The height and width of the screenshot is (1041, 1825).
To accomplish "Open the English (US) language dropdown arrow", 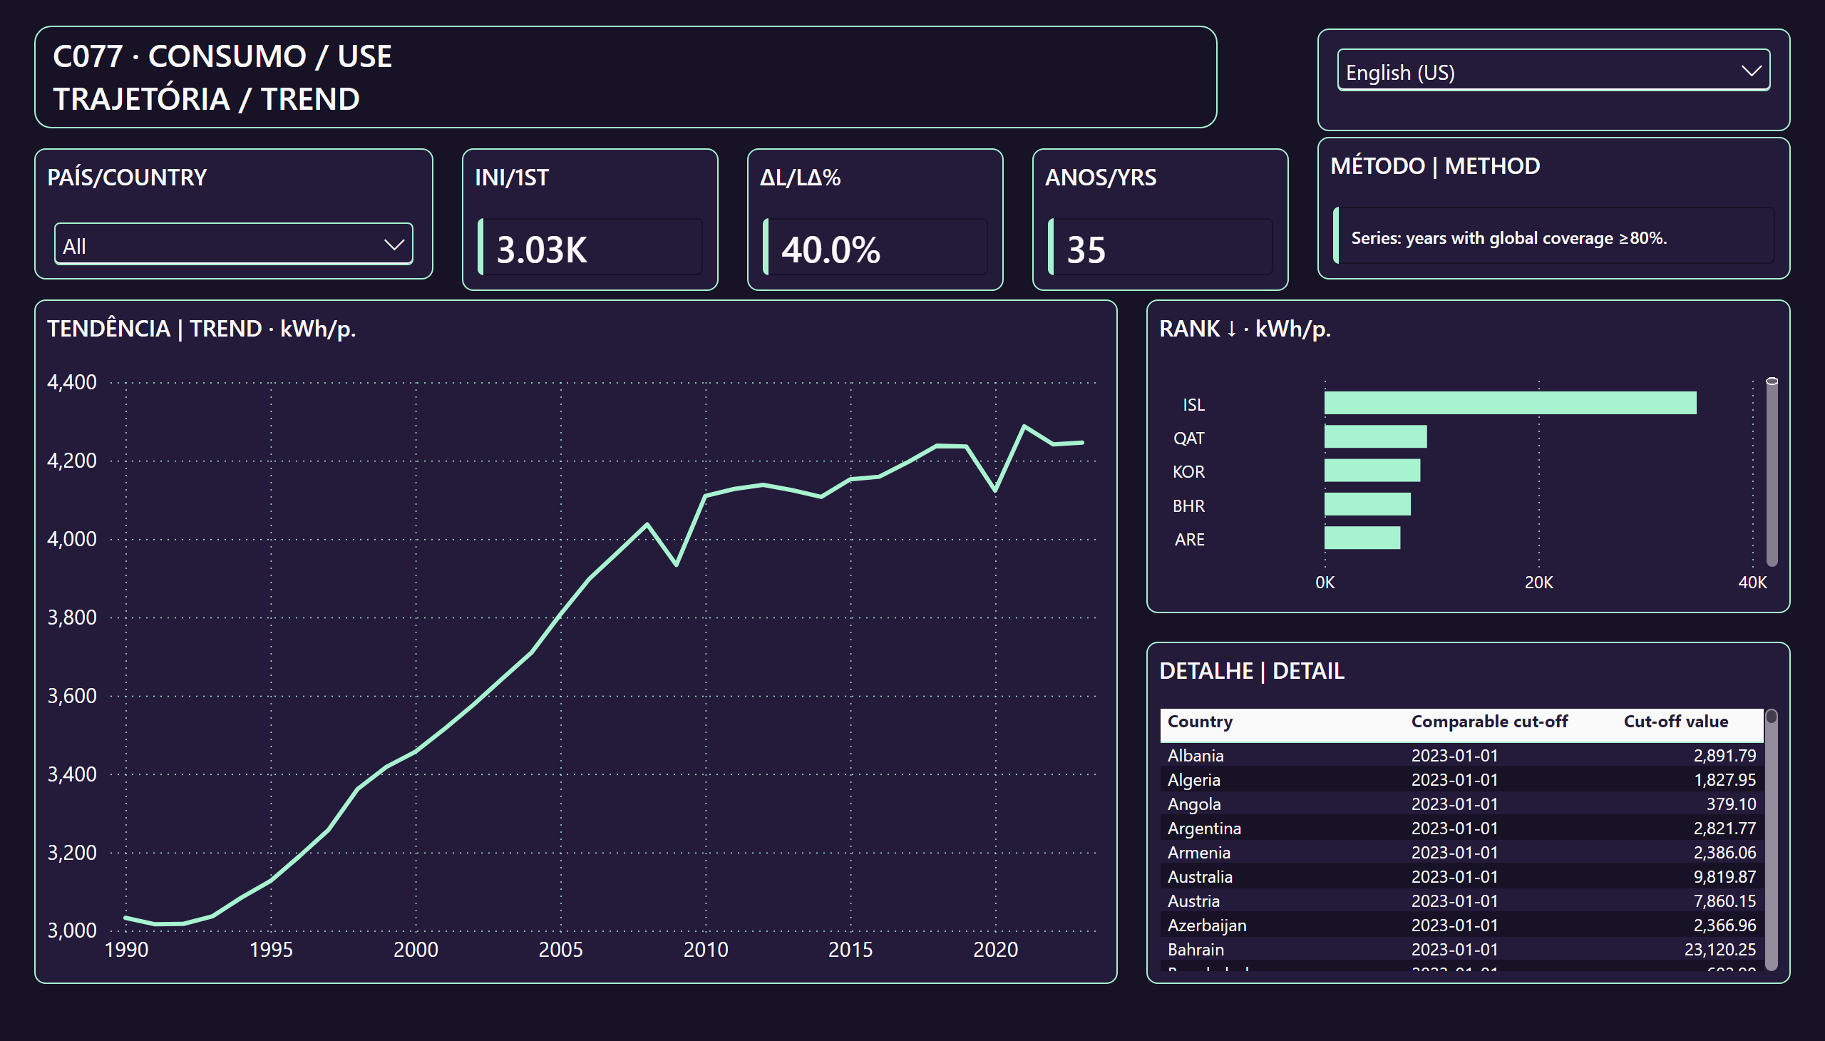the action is (1751, 71).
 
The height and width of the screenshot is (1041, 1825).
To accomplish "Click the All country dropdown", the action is (233, 245).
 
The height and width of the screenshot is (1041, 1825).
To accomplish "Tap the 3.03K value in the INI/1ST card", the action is (541, 250).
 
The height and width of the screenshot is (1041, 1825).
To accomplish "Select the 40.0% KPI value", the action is (830, 250).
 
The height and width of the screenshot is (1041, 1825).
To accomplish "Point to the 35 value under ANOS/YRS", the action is (1086, 250).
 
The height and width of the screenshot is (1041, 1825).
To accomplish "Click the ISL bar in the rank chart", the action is (1510, 403).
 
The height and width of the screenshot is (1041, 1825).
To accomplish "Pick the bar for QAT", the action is (1375, 436).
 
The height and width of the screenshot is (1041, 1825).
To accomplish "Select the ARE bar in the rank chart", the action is (1362, 538).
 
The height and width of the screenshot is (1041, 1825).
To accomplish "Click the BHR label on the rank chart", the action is (1188, 506).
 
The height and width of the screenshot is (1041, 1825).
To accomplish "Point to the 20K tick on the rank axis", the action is (1538, 582).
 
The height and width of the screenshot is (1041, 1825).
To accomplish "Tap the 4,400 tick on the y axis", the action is (71, 381).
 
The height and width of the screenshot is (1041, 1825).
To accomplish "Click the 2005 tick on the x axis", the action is (560, 950).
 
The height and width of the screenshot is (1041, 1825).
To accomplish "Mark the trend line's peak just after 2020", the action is (1024, 426).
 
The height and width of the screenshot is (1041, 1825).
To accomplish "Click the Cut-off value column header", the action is (1675, 722).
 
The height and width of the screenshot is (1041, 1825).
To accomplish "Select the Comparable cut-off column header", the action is (1489, 722).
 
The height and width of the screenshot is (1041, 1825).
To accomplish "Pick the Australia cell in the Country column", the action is (1200, 876).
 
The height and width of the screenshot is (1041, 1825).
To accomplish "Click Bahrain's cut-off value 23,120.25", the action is (1719, 950).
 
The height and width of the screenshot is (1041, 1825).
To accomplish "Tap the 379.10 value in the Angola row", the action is (1731, 804).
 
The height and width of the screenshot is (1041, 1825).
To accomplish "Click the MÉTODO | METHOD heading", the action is (1435, 166).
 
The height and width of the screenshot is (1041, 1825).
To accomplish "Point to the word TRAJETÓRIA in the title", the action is (142, 98).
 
